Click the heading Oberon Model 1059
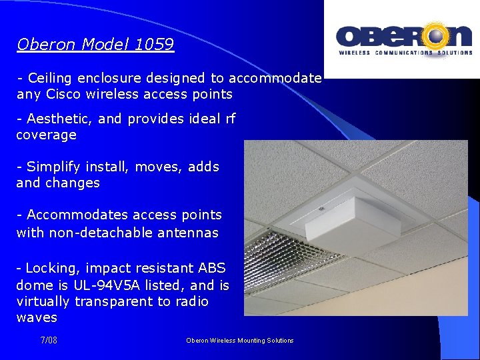95,45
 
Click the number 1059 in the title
154,45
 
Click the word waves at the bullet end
37,318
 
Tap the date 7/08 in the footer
49,341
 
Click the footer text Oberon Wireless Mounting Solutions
239,341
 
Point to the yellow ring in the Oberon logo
438,35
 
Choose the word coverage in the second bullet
46,135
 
